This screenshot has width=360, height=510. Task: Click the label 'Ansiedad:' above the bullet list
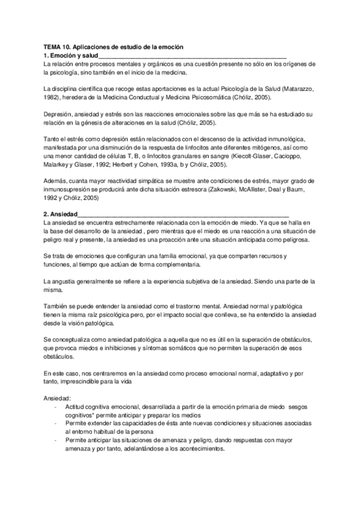coord(58,399)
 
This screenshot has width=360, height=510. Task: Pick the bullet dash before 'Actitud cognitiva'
coord(55,407)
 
